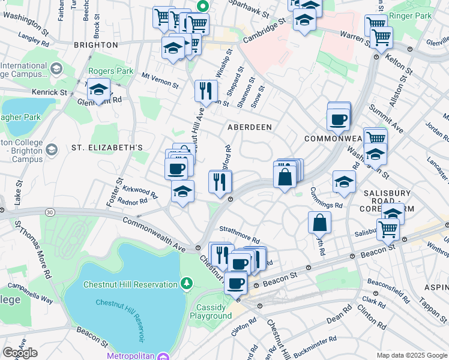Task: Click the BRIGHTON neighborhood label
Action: [95, 45]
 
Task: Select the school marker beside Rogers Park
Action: [98, 91]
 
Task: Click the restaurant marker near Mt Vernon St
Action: [206, 91]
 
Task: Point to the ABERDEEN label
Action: [249, 127]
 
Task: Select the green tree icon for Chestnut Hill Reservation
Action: [187, 282]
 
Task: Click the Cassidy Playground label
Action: [211, 311]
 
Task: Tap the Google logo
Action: [20, 353]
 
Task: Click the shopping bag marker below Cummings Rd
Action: [321, 223]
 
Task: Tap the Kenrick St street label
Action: [50, 92]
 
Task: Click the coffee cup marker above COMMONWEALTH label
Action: [339, 118]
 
